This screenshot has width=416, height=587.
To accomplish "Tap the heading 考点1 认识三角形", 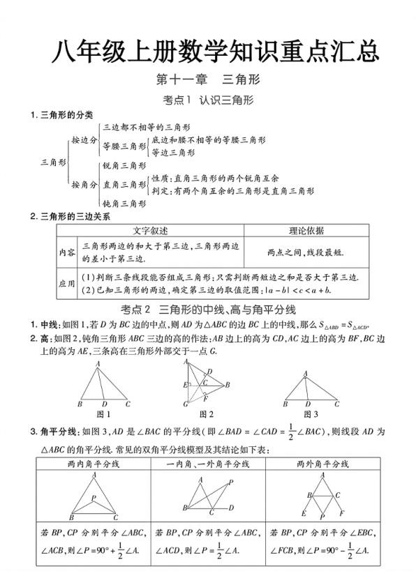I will tap(207, 100).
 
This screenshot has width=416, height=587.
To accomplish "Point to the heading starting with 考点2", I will tap(209, 309).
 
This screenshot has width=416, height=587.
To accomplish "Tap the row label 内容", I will tap(67, 252).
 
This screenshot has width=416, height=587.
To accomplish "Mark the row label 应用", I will tap(67, 284).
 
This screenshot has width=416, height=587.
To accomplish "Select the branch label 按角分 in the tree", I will tap(84, 185).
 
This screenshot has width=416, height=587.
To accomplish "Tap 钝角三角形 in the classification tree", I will tap(124, 203).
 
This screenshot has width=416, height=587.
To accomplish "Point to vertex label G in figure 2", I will tap(186, 404).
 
